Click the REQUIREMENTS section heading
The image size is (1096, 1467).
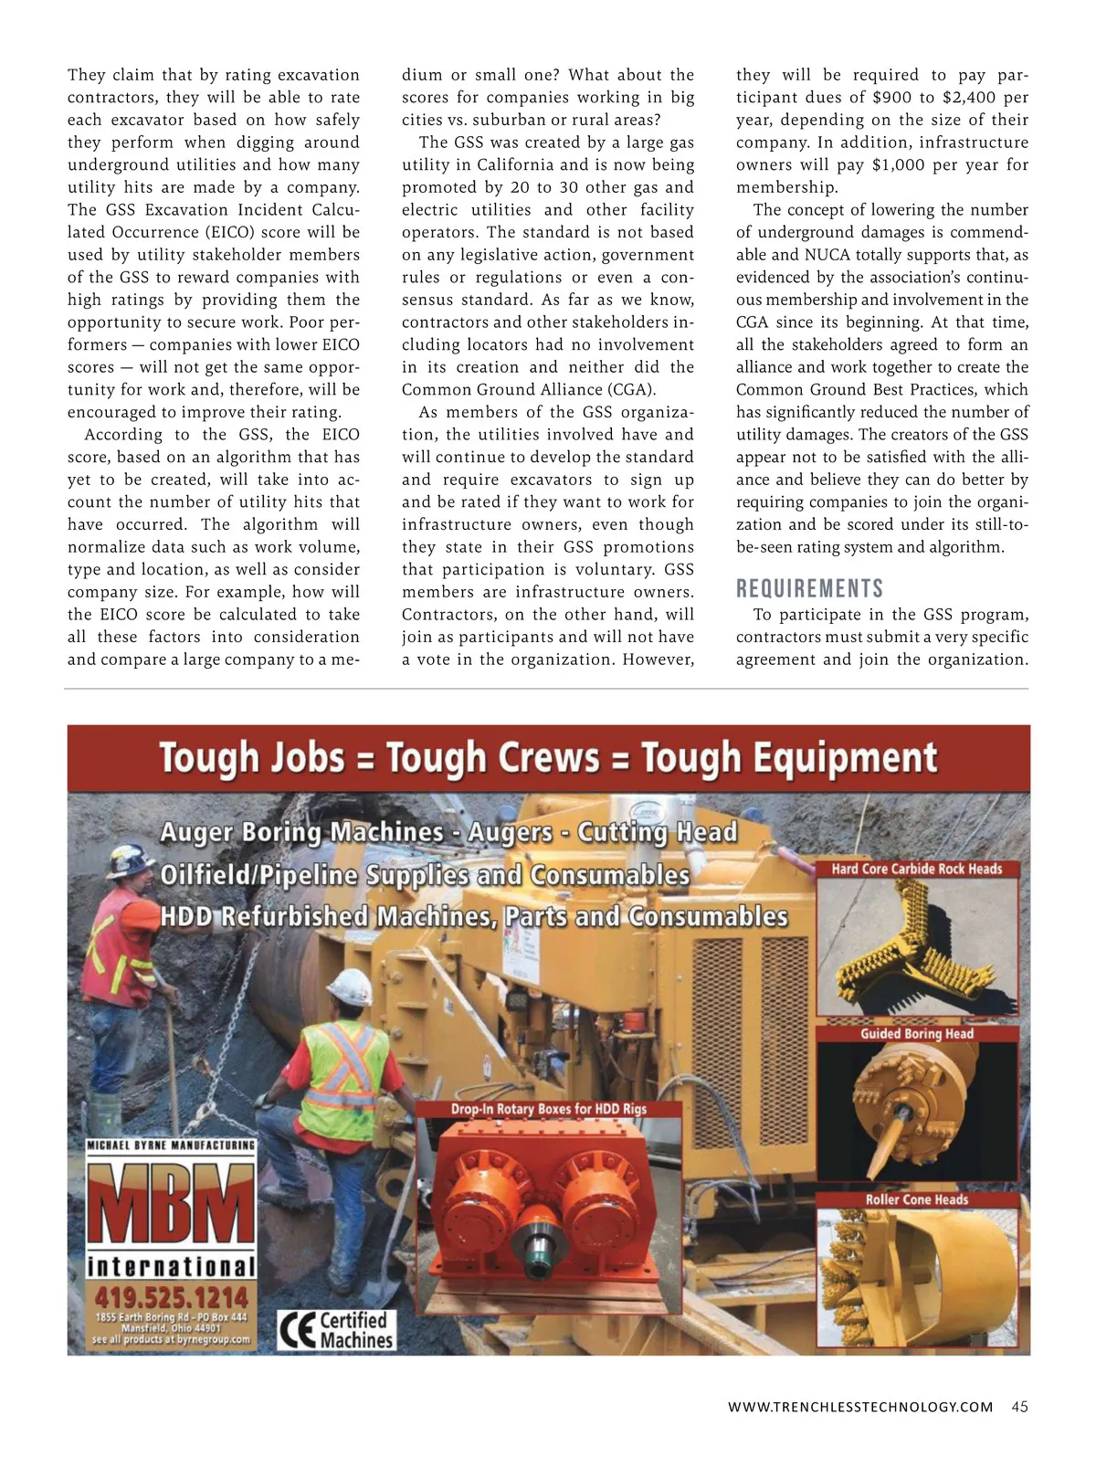pos(809,588)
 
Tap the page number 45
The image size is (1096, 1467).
pos(1019,1407)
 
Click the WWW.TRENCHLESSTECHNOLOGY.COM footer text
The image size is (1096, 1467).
pos(859,1407)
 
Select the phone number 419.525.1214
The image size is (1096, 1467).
pos(171,1297)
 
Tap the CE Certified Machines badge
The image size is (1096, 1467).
pos(337,1330)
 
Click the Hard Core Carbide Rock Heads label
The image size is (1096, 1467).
pos(916,869)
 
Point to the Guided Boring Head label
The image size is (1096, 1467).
pos(916,1033)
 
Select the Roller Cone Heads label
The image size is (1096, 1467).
pos(916,1199)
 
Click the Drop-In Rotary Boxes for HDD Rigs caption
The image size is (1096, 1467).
pos(548,1109)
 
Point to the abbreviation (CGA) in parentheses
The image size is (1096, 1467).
pos(630,389)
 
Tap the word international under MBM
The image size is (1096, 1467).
pos(171,1267)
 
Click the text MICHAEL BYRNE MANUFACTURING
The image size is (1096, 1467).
pos(171,1145)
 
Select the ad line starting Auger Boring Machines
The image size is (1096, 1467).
pos(448,832)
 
